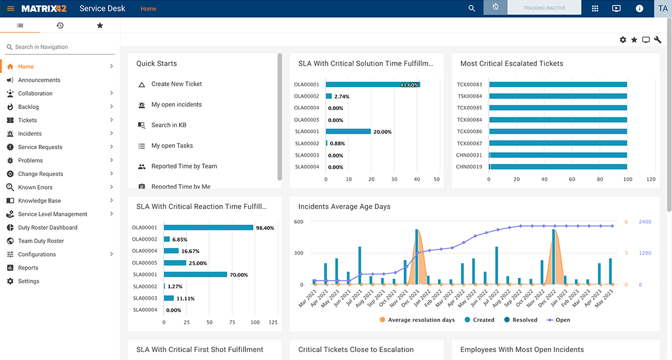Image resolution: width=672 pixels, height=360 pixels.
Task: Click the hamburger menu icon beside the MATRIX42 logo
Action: pos(10,9)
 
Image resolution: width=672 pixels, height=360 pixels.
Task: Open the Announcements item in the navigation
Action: pos(39,80)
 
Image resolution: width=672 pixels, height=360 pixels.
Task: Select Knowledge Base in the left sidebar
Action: pos(39,201)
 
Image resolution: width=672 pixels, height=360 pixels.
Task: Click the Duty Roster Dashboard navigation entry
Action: pos(47,228)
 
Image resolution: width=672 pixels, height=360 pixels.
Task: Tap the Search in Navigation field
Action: pos(60,47)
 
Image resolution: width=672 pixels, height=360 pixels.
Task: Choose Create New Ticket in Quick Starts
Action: pos(176,84)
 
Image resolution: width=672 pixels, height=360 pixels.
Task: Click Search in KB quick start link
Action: pos(169,125)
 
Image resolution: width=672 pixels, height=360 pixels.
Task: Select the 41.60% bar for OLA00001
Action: pos(372,85)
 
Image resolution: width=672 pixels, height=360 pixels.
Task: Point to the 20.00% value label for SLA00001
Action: pos(382,132)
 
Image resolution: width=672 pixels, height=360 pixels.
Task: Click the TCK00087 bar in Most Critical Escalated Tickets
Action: pos(557,144)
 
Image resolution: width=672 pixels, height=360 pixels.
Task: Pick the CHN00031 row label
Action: pos(469,156)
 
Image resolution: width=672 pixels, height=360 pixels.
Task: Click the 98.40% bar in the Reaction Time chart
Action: pos(208,228)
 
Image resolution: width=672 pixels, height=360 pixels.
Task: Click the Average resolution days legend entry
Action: pos(420,320)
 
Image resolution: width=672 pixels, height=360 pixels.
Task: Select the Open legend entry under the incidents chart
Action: pos(562,320)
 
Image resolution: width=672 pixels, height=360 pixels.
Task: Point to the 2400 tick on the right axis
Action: pos(645,222)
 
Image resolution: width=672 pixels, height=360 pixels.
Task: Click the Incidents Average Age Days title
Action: pos(344,207)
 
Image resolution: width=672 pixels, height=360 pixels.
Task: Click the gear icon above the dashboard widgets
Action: pos(623,40)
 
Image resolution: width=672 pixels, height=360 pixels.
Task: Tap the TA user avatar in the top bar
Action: pos(662,9)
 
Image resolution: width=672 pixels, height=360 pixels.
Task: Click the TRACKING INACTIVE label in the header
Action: pos(544,8)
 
